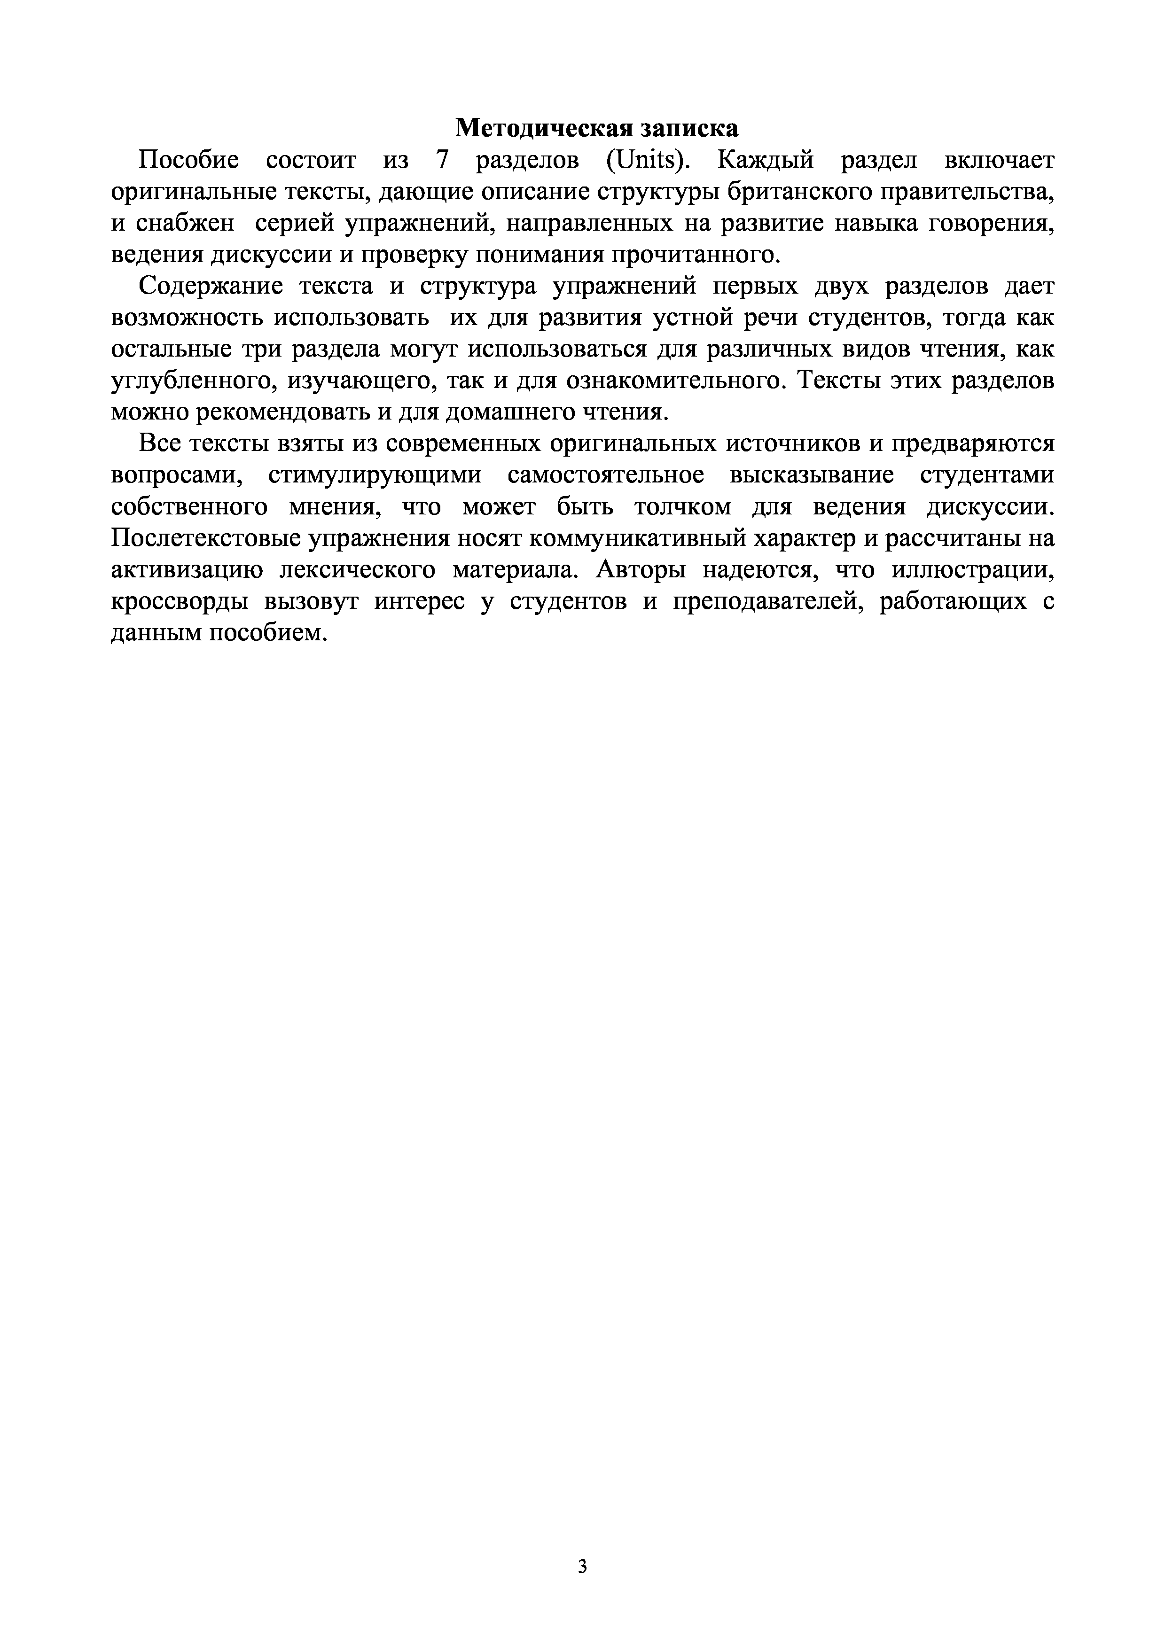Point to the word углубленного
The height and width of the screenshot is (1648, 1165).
coord(192,381)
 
